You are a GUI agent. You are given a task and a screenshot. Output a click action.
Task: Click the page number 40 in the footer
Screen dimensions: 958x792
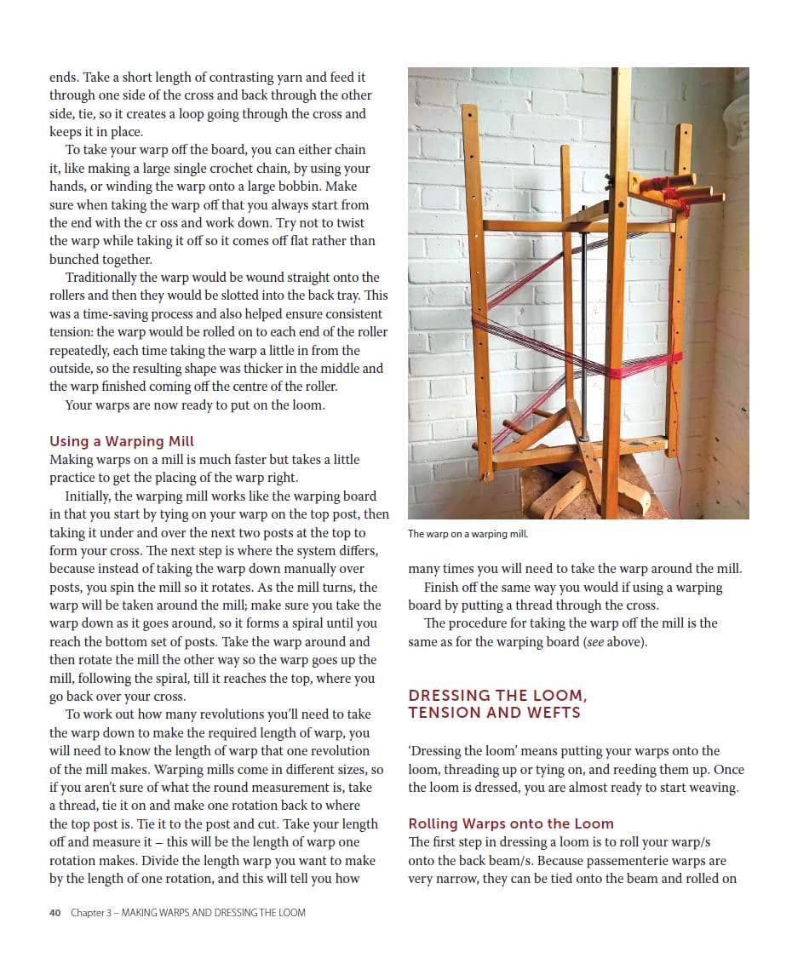[55, 913]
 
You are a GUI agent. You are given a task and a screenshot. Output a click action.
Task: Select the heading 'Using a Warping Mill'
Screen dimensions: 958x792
[122, 441]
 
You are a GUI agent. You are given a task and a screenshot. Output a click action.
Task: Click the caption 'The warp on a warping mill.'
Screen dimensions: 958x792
[468, 534]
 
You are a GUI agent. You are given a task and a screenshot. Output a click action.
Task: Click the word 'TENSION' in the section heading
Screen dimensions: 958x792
[443, 713]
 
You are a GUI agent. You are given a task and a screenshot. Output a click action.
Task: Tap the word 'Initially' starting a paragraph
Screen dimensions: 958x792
[88, 496]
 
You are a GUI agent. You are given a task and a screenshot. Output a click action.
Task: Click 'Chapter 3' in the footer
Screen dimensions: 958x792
[90, 913]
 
